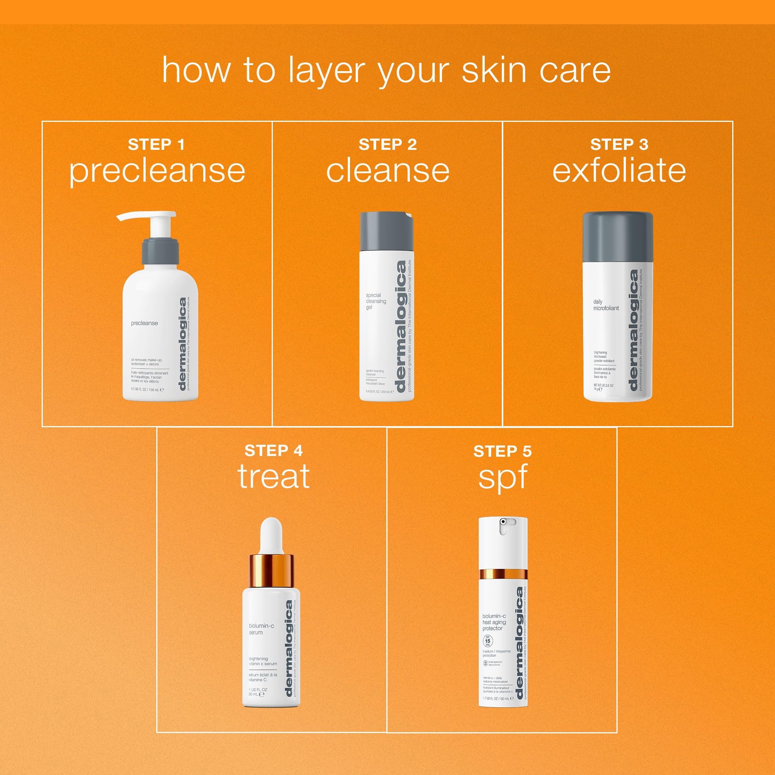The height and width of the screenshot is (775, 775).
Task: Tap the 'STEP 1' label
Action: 156,145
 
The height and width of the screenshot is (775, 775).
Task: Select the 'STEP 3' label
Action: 619,145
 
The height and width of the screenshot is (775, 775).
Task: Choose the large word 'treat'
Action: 274,476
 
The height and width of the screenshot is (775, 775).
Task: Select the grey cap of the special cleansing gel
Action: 386,231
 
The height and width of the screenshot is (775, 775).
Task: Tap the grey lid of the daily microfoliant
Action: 618,237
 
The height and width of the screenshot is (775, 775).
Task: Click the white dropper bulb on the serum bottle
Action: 271,535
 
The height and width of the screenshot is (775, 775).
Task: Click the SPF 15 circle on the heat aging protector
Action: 487,641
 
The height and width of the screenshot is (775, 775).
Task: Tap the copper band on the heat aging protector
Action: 503,574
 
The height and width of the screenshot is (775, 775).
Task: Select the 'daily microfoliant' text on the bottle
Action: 606,305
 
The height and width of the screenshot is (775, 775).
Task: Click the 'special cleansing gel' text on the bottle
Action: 375,301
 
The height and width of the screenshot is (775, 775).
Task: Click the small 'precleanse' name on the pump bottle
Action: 145,323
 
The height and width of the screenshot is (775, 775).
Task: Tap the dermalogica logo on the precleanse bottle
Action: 183,344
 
